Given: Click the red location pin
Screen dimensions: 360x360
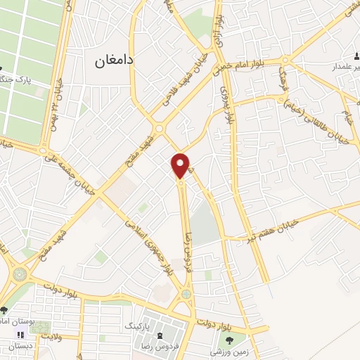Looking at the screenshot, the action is coord(181,165).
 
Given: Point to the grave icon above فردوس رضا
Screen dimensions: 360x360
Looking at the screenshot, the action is coord(161,336).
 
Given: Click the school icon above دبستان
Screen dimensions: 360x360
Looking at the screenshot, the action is coord(20,335).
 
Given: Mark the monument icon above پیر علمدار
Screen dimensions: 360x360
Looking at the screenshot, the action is coord(354,57).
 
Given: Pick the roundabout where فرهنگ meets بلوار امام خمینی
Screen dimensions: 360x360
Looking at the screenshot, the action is coord(160,128).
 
